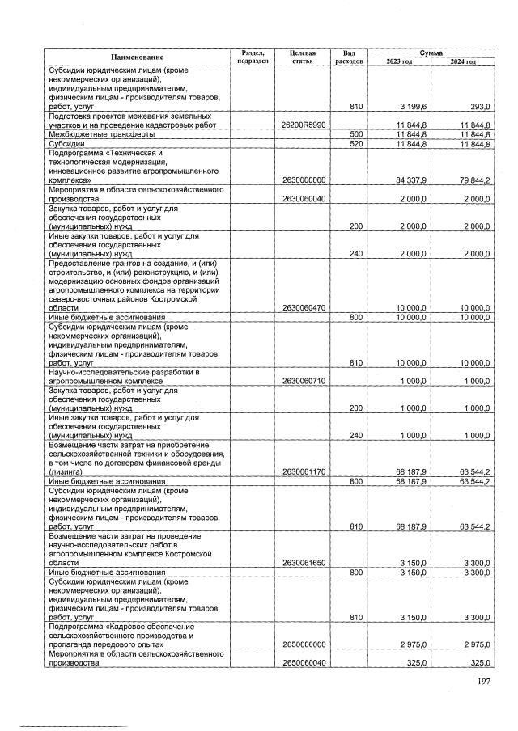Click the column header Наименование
pyautogui.click(x=138, y=57)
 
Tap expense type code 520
pyautogui.click(x=355, y=144)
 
